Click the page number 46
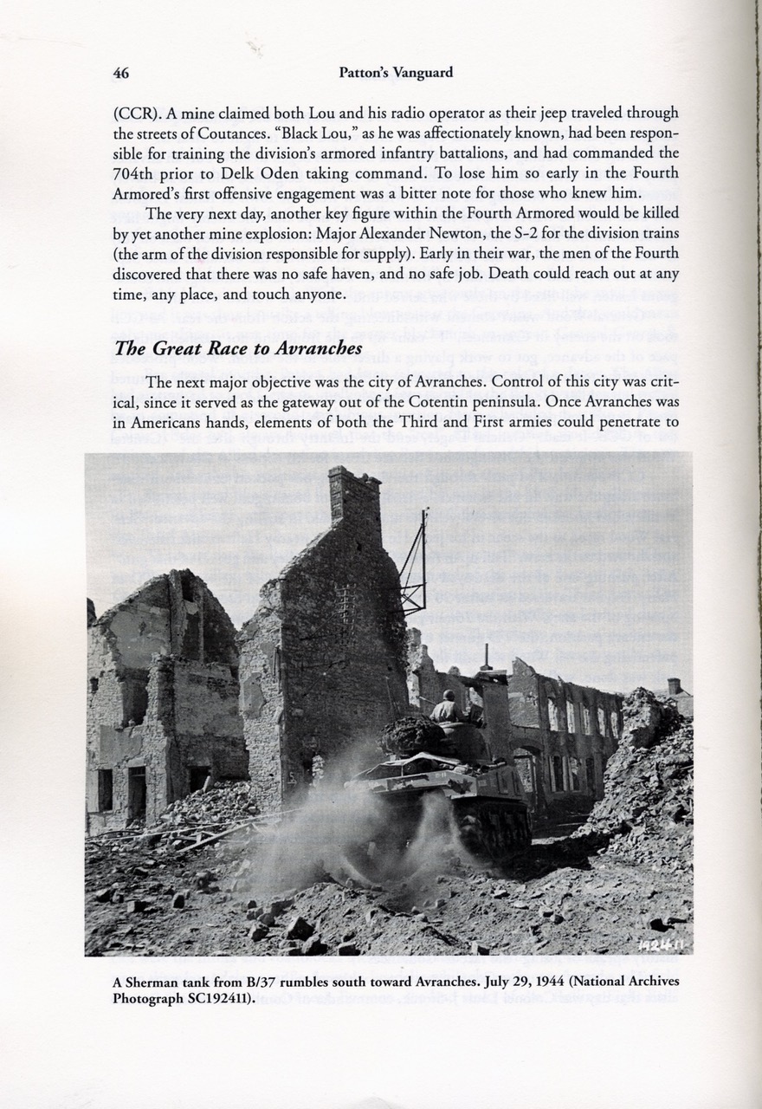tap(121, 74)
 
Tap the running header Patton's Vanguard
tap(396, 74)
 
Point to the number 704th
tap(139, 172)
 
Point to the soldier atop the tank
tap(448, 708)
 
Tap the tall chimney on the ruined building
tap(353, 496)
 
